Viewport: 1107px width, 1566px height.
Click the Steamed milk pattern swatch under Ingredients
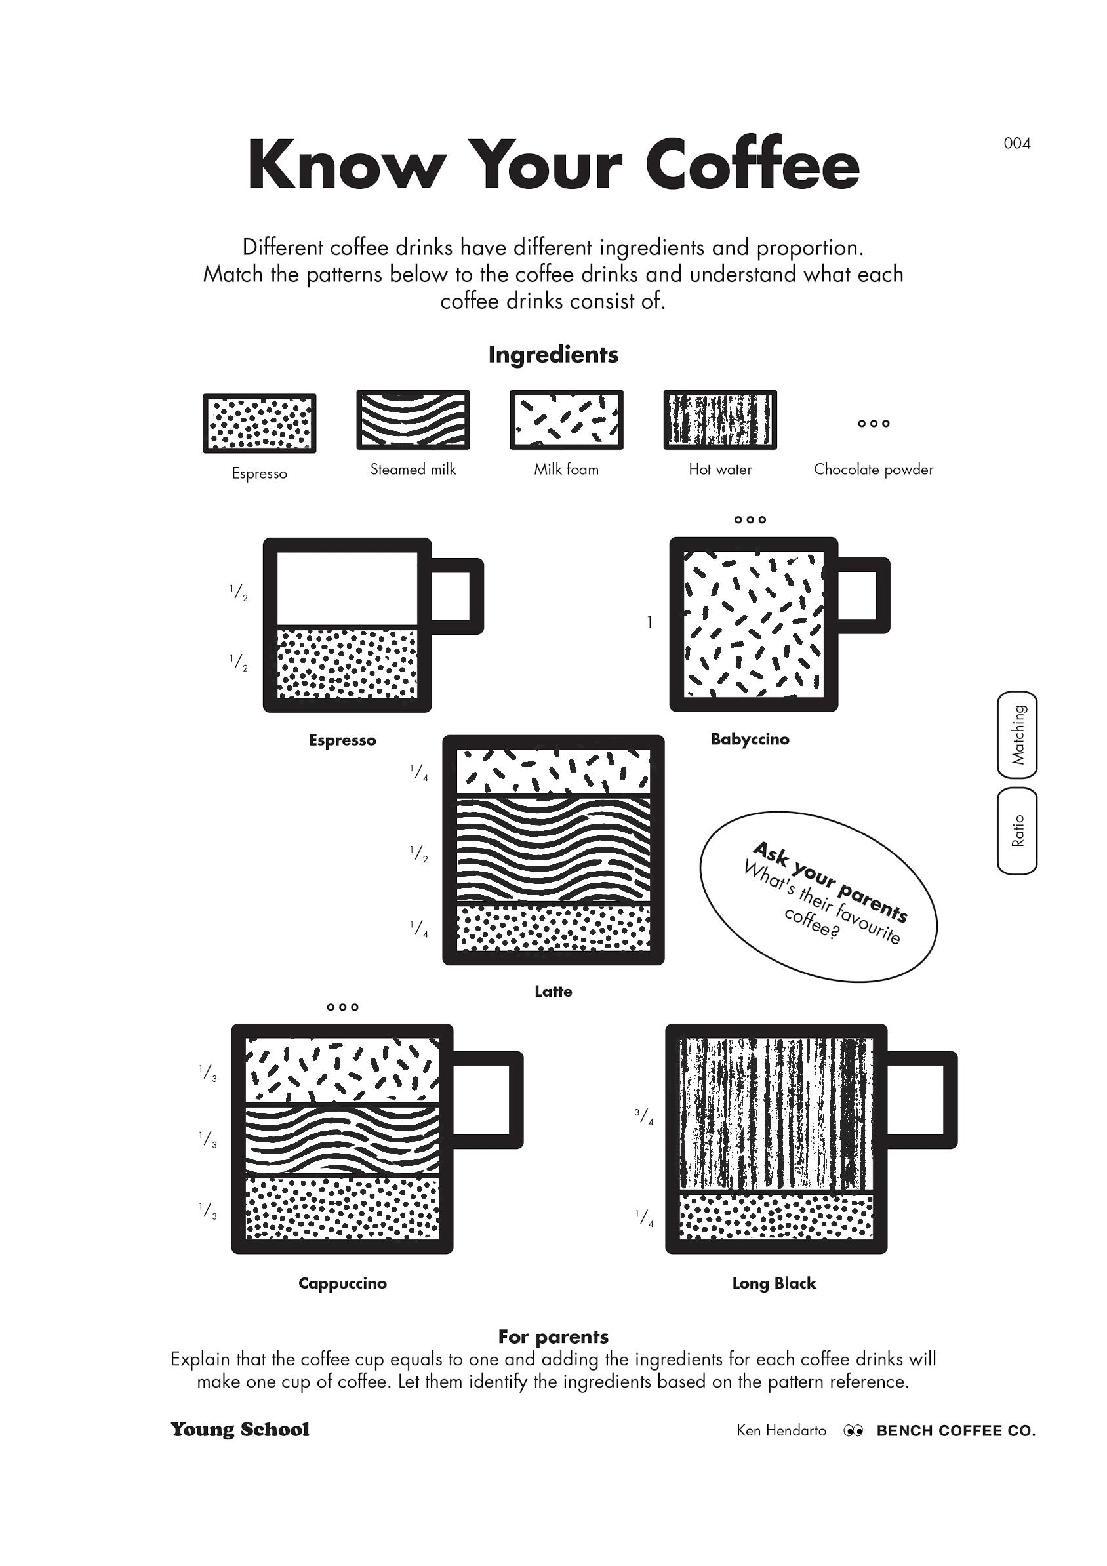(x=413, y=420)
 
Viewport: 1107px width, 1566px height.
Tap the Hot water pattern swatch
(x=719, y=420)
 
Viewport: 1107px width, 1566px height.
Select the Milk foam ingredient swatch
(x=566, y=420)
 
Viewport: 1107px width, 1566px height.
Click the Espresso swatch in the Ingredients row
(x=259, y=424)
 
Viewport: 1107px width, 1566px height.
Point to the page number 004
(x=1016, y=143)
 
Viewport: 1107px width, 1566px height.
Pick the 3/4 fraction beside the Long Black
(x=644, y=1117)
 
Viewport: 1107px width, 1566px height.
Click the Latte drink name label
(x=553, y=992)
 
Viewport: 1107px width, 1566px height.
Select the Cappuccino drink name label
(x=342, y=1283)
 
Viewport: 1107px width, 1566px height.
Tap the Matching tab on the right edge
(x=1017, y=734)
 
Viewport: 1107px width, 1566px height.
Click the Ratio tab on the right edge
(x=1017, y=831)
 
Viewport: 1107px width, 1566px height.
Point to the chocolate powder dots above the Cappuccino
(x=342, y=1007)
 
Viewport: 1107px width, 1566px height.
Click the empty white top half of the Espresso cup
(x=346, y=588)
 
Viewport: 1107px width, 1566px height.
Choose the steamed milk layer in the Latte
(x=553, y=849)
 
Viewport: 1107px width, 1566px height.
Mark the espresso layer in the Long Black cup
(x=776, y=1216)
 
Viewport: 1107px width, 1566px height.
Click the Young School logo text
(x=239, y=1430)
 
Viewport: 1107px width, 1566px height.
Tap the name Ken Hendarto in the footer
(x=781, y=1431)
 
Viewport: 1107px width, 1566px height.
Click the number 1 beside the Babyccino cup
(x=649, y=622)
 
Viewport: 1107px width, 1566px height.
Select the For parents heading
(x=553, y=1337)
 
